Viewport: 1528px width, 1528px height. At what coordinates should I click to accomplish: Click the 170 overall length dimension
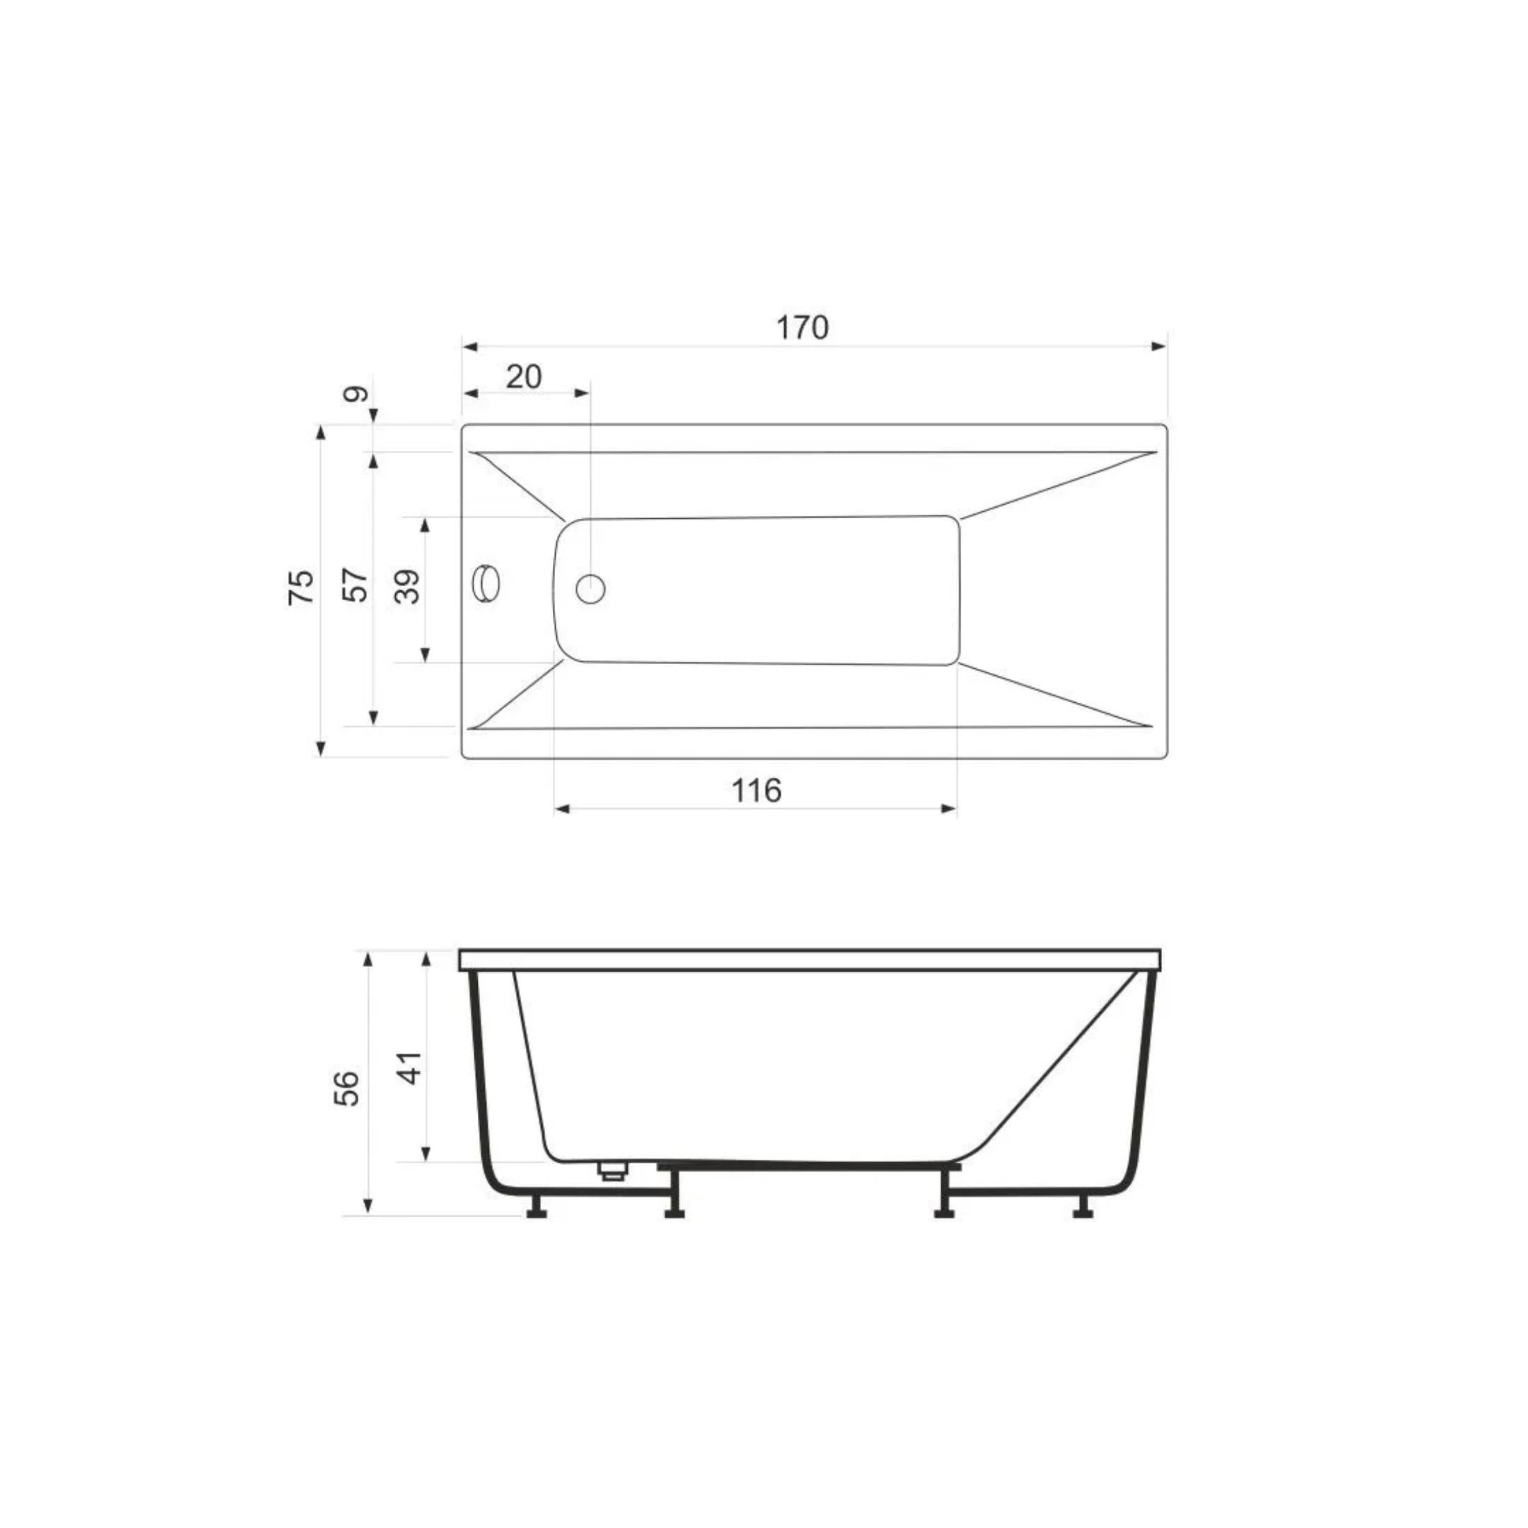pos(802,327)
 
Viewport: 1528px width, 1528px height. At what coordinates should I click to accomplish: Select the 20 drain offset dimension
pos(524,376)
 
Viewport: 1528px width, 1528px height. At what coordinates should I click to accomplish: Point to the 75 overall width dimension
pos(301,588)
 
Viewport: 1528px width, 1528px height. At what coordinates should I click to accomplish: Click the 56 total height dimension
pos(347,1089)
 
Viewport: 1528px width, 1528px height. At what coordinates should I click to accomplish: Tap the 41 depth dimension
pos(409,1068)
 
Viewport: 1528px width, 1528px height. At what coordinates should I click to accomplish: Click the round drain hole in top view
pos(590,589)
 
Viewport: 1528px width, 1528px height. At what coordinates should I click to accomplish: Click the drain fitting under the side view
pos(611,1171)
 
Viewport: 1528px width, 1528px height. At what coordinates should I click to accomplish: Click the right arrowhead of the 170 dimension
pos(1159,347)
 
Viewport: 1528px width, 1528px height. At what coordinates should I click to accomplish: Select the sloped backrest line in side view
pos(1060,1064)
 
